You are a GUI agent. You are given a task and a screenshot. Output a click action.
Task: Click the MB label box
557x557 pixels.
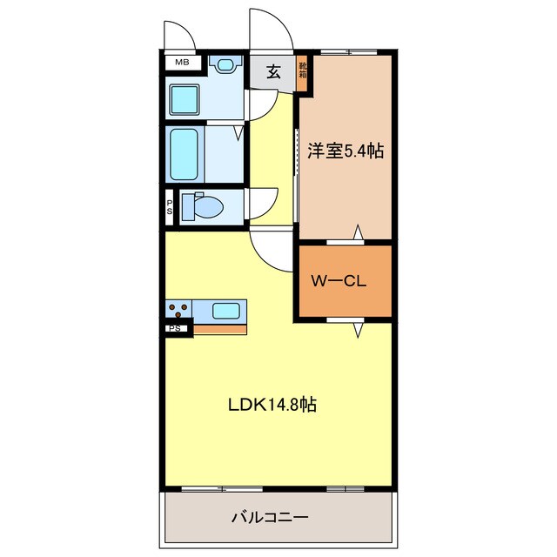click(x=182, y=62)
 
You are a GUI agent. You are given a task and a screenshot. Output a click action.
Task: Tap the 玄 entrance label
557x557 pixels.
click(x=272, y=72)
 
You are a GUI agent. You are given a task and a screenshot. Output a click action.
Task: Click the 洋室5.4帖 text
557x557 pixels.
click(x=346, y=151)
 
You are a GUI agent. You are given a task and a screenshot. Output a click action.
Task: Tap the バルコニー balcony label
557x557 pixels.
click(x=270, y=517)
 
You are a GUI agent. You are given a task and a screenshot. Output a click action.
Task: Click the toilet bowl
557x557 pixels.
click(x=206, y=207)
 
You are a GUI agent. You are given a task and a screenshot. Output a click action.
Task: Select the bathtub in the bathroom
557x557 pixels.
click(x=185, y=154)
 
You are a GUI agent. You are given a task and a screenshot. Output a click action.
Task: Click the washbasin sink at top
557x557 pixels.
click(x=225, y=64)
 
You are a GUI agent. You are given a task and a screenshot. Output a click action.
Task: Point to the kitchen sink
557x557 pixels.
click(x=227, y=310)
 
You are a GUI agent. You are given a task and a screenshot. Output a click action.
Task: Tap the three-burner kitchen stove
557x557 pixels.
click(x=179, y=311)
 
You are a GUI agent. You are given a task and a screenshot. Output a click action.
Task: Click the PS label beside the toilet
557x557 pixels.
click(x=171, y=207)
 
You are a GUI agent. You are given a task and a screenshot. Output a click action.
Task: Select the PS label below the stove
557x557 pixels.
click(x=175, y=328)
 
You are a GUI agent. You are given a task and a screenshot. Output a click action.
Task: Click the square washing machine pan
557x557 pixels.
click(x=185, y=100)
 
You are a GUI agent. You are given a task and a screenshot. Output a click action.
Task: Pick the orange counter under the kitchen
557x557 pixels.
click(x=219, y=329)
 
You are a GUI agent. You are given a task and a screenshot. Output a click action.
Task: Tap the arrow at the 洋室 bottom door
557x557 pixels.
click(x=357, y=232)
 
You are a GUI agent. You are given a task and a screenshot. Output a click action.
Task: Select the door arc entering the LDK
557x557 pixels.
click(x=268, y=252)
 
